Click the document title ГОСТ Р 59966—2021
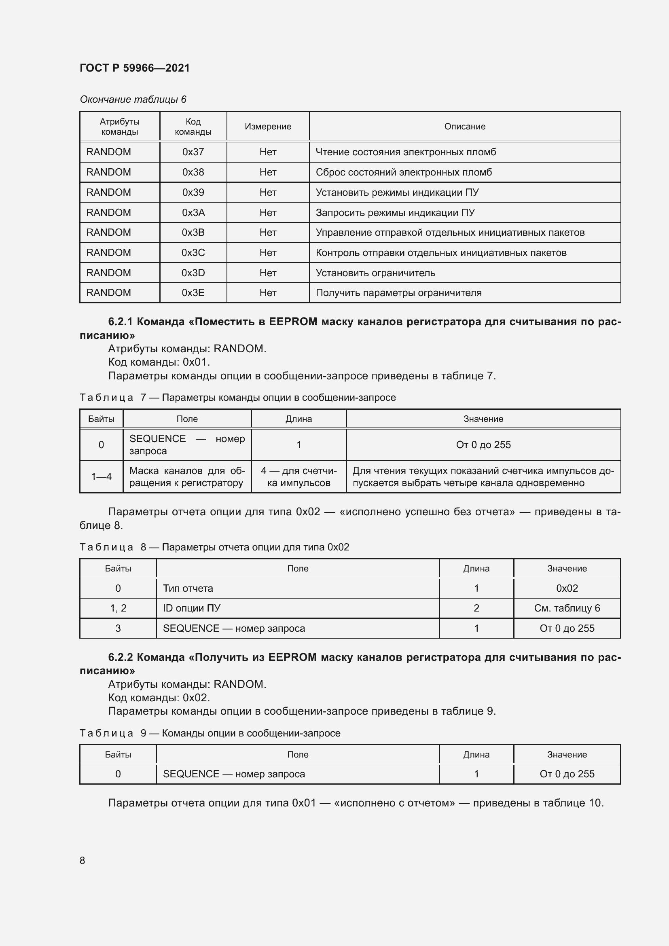pyautogui.click(x=134, y=68)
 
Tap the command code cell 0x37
pyautogui.click(x=193, y=152)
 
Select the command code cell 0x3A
pyautogui.click(x=193, y=213)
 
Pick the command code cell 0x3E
pyautogui.click(x=193, y=292)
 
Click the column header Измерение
pyautogui.click(x=268, y=127)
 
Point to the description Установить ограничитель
pyautogui.click(x=375, y=273)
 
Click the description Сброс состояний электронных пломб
pyautogui.click(x=403, y=172)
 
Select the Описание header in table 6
pyautogui.click(x=464, y=127)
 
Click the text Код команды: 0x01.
pyautogui.click(x=159, y=362)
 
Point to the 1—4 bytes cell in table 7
pyautogui.click(x=101, y=477)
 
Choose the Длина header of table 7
pyautogui.click(x=298, y=419)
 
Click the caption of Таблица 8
pyautogui.click(x=214, y=547)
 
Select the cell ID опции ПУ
pyautogui.click(x=191, y=608)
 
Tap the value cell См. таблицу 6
pyautogui.click(x=566, y=608)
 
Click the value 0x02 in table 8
pyautogui.click(x=566, y=588)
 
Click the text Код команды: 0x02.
pyautogui.click(x=159, y=698)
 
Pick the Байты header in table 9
pyautogui.click(x=118, y=754)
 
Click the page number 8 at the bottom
pyautogui.click(x=83, y=860)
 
